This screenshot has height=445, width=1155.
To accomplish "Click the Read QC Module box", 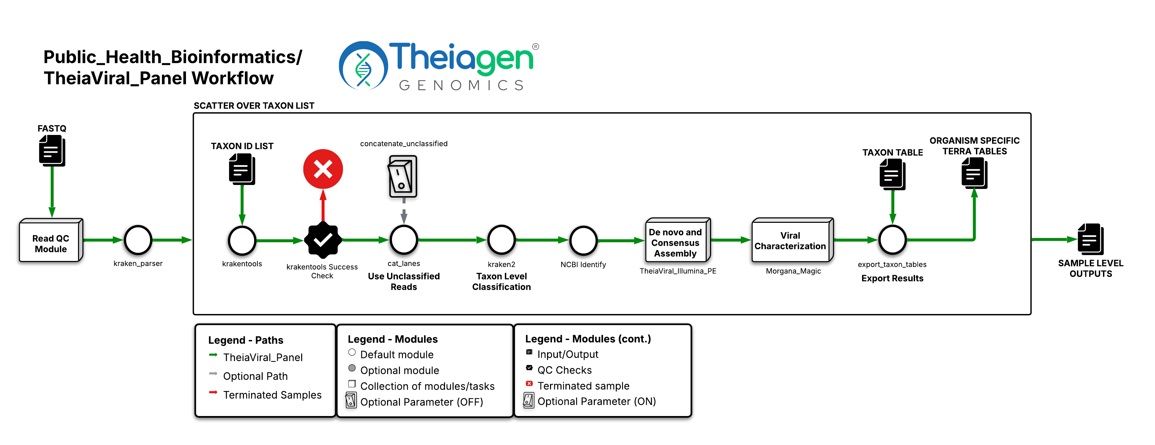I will (51, 241).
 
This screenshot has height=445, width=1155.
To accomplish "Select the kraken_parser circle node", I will (138, 240).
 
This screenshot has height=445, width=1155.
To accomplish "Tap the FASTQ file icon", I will (52, 150).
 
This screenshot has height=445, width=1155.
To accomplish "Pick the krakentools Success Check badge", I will (323, 240).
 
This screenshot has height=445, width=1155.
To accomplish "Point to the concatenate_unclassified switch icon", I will (403, 176).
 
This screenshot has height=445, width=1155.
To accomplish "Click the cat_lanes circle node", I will (404, 240).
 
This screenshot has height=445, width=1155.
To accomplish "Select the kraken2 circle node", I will (501, 240).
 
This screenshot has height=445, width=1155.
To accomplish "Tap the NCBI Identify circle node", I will (583, 241).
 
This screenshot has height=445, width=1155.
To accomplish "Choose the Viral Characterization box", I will (791, 241).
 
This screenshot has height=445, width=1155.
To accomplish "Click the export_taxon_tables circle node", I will (892, 240).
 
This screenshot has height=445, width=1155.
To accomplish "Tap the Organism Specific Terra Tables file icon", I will (974, 172).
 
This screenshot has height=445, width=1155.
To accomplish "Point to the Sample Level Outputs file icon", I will (1090, 239).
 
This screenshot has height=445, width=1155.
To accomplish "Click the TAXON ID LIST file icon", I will (242, 169).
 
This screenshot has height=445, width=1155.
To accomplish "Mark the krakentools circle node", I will (242, 241).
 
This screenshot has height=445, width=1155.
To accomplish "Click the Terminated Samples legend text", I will (272, 395).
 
